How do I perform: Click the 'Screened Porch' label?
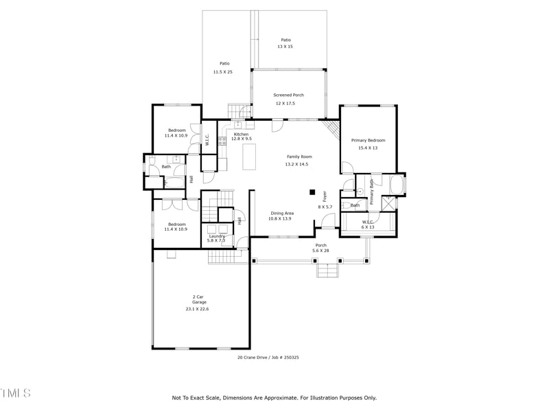click(288, 95)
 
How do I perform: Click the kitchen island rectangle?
click(249, 156)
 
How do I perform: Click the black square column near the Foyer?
click(312, 192)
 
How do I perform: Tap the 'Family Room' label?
click(299, 157)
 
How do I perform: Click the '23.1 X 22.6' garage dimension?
click(197, 309)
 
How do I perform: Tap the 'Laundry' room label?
click(216, 236)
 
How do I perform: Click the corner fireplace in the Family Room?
click(332, 128)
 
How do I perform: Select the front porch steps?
click(327, 271)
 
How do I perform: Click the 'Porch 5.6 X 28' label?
click(320, 248)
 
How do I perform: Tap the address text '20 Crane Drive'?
click(253, 357)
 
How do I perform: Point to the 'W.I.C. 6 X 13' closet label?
click(368, 224)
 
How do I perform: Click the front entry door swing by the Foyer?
click(329, 221)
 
